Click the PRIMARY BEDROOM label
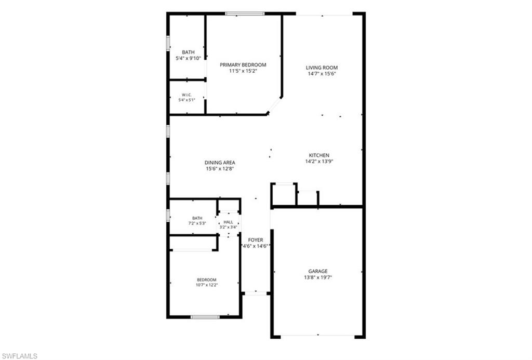pyautogui.click(x=243, y=65)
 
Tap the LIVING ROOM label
pyautogui.click(x=322, y=68)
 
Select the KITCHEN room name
pyautogui.click(x=319, y=155)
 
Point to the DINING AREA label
pyautogui.click(x=220, y=163)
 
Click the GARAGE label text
pyautogui.click(x=318, y=271)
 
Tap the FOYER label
pyautogui.click(x=256, y=240)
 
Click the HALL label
pyautogui.click(x=229, y=222)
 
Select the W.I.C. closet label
pyautogui.click(x=187, y=95)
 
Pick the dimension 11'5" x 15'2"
pyautogui.click(x=243, y=71)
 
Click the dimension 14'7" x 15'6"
pyautogui.click(x=322, y=74)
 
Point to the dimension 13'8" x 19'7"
pyautogui.click(x=318, y=277)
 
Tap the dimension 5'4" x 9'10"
pyautogui.click(x=188, y=58)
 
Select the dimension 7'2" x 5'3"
pyautogui.click(x=197, y=223)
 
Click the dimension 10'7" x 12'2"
pyautogui.click(x=207, y=285)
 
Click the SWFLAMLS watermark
pyautogui.click(x=19, y=356)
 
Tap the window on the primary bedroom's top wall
pyautogui.click(x=245, y=14)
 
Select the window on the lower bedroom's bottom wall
pyautogui.click(x=205, y=317)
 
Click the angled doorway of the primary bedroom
pyautogui.click(x=274, y=105)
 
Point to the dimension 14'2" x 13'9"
pyautogui.click(x=319, y=162)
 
